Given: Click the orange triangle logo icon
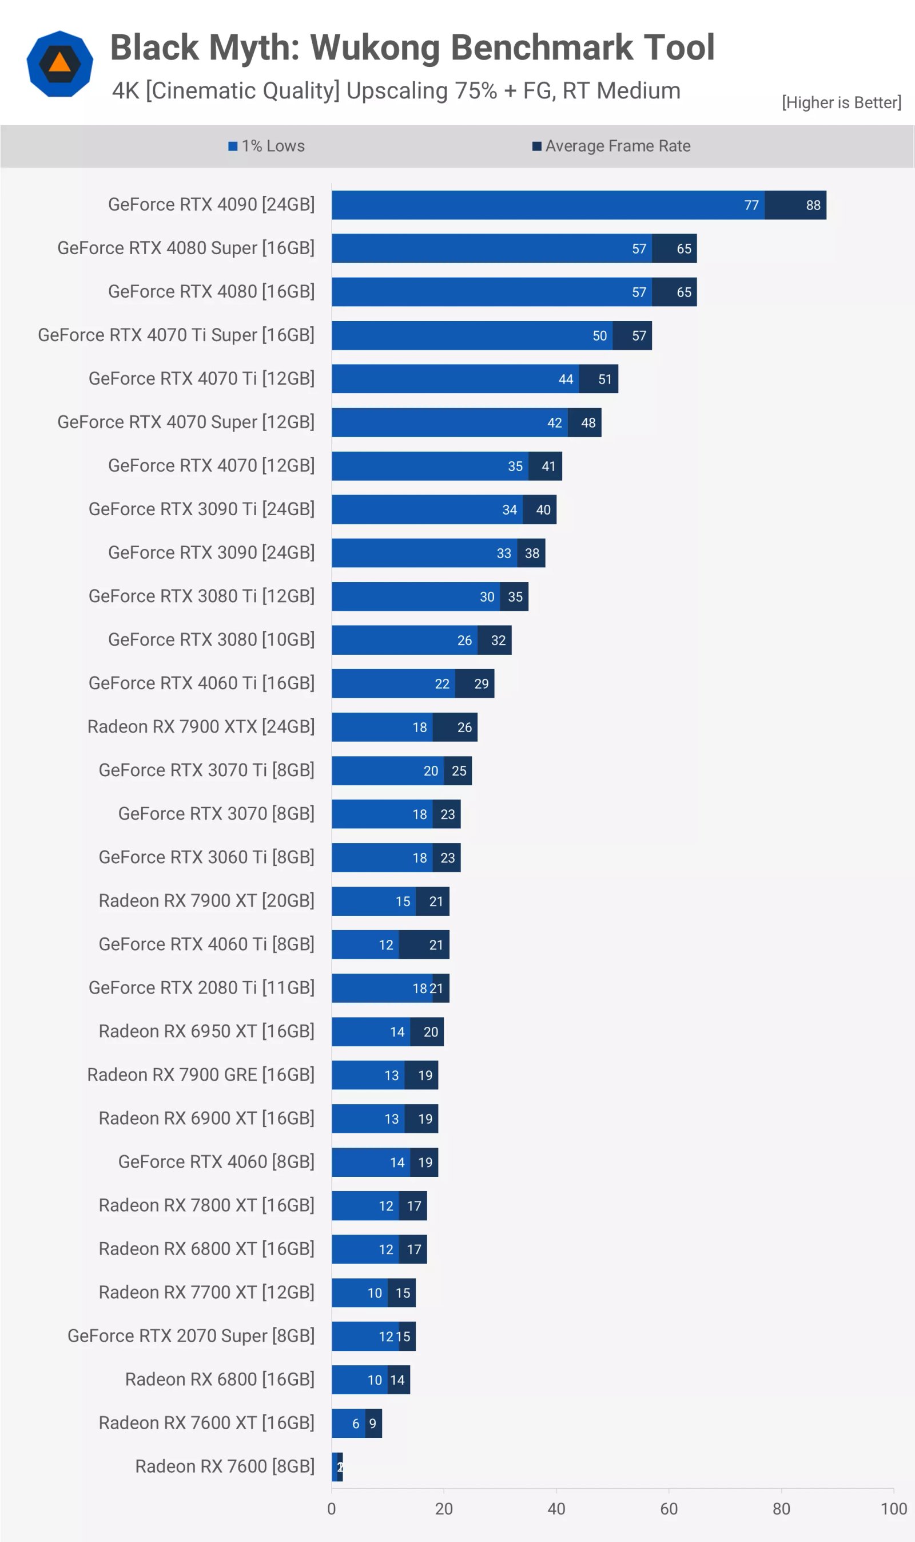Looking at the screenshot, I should coord(60,62).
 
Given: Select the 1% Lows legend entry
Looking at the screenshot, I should coord(266,146).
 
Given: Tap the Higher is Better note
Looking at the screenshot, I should coord(841,102).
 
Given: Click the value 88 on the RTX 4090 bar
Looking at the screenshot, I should coord(813,205).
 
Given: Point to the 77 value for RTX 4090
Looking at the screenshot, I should coord(751,205).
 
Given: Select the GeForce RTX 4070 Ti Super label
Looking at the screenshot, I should coord(176,335).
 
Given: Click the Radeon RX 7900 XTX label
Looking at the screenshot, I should coord(200,727).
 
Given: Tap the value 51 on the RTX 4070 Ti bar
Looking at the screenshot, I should coord(605,379).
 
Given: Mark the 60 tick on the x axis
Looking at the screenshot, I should coord(669,1509).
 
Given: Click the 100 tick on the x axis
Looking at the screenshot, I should coord(893,1509).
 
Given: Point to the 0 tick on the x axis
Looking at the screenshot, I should coord(332,1509).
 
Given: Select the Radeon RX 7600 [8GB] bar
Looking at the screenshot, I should coord(337,1466).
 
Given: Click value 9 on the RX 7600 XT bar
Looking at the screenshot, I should coord(372,1424).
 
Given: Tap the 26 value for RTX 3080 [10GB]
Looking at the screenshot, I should coord(464,640).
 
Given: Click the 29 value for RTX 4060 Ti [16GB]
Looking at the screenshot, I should coord(481,683).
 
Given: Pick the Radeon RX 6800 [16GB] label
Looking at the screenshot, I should coord(220,1379).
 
